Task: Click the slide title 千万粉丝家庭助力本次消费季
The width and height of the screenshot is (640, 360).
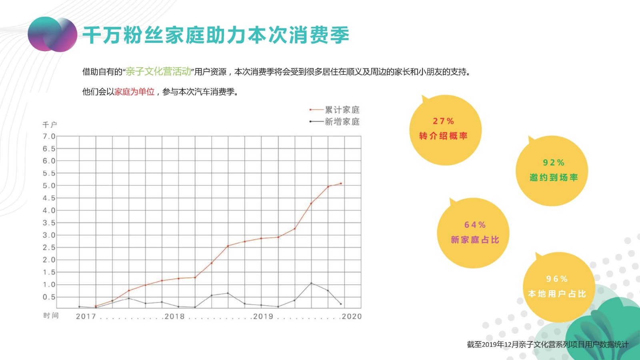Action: click(x=216, y=35)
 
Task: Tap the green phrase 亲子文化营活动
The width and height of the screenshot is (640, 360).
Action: click(x=158, y=72)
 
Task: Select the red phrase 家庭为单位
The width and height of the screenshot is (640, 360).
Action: click(x=134, y=92)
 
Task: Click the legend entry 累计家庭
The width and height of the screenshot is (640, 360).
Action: click(x=342, y=110)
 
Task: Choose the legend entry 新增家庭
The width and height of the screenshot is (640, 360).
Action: click(x=342, y=122)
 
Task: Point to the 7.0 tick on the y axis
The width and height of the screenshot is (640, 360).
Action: click(x=49, y=136)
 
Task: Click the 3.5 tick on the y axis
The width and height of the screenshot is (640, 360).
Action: click(x=49, y=223)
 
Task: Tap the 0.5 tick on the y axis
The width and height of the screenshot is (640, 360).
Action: click(x=49, y=297)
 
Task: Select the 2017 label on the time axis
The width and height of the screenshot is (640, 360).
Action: click(x=86, y=316)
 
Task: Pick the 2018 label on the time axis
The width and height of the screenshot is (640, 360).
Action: click(x=175, y=316)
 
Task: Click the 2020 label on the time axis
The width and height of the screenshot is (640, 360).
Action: click(x=352, y=316)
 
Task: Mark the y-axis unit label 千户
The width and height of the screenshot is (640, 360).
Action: click(x=50, y=125)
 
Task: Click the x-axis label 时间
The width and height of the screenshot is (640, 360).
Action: click(x=51, y=316)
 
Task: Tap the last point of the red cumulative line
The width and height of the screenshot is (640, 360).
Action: click(x=341, y=184)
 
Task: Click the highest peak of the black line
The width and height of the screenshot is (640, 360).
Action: click(x=311, y=283)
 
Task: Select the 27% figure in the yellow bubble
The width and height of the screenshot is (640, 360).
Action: click(x=443, y=121)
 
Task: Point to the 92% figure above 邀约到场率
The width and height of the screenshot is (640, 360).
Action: click(x=554, y=163)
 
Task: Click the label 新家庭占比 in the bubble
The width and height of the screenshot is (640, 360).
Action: click(x=475, y=240)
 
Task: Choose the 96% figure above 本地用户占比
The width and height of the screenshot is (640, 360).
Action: click(x=557, y=279)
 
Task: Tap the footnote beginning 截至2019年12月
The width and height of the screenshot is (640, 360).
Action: click(x=548, y=344)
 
